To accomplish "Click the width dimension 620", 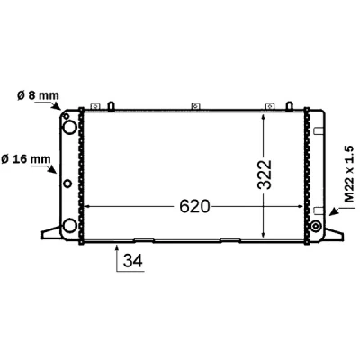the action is [194, 207].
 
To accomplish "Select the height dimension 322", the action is [265, 175].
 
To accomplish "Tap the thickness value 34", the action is [133, 260].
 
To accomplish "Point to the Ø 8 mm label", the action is [38, 95].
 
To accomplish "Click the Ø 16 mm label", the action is [26, 159].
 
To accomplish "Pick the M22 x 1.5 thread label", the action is [349, 175].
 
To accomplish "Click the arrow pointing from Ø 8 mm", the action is [48, 105].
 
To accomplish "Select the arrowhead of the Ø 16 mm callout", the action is [53, 169].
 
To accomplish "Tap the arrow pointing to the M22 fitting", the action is [337, 211].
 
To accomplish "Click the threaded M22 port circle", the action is [315, 226].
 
